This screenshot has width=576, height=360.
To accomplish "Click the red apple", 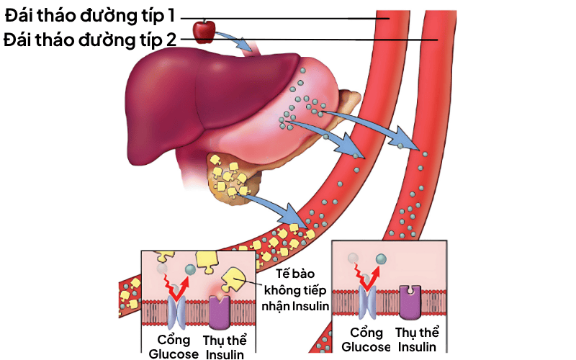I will pyautogui.click(x=204, y=30).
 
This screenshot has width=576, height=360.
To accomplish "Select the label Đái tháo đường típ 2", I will pyautogui.click(x=89, y=39).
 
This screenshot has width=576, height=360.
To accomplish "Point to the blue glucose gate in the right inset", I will pyautogui.click(x=369, y=300).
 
